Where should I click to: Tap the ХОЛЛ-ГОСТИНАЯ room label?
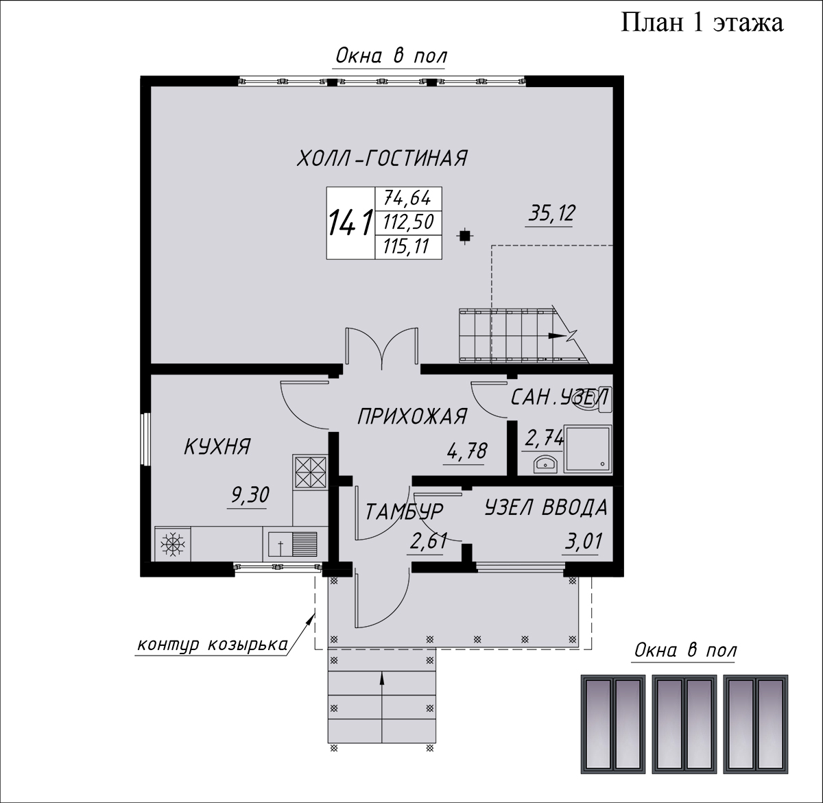[x=382, y=158]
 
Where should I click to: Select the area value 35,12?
[x=552, y=213]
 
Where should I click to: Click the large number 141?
[x=350, y=222]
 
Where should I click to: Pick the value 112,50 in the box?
[x=409, y=222]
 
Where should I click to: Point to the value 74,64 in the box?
[x=407, y=198]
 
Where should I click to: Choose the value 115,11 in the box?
[x=406, y=247]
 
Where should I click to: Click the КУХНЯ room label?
[x=217, y=446]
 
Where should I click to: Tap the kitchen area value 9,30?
[x=250, y=494]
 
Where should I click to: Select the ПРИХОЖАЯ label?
[x=412, y=416]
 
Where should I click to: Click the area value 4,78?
[x=467, y=451]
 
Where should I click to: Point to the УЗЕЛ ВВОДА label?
[x=547, y=508]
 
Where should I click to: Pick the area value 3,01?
[x=583, y=541]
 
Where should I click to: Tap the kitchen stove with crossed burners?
[x=311, y=472]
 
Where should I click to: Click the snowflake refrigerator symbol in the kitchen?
[x=173, y=543]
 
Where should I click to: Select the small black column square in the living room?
[x=465, y=236]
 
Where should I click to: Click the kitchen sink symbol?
[x=292, y=544]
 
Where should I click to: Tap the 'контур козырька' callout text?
[x=213, y=645]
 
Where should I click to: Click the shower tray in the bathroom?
[x=588, y=448]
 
